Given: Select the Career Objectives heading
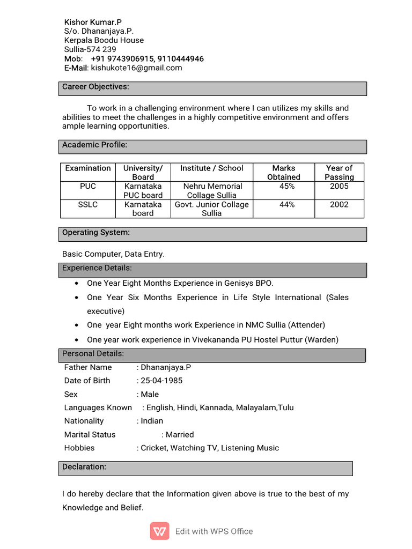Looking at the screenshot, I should [x=95, y=87].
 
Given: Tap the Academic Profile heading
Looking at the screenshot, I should [x=94, y=145].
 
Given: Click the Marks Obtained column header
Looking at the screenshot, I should [x=284, y=172].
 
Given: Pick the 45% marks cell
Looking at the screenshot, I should [x=287, y=186].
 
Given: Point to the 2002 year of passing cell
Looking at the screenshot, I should [x=339, y=204].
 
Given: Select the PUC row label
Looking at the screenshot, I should [x=88, y=186].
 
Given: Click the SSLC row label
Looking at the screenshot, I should [x=88, y=204].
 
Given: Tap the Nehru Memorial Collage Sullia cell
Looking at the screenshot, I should [x=212, y=190].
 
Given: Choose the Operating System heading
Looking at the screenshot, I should [x=96, y=233].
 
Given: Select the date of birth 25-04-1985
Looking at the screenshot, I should [x=161, y=381].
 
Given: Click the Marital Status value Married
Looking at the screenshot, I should [x=180, y=435].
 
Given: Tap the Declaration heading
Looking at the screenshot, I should [x=84, y=467].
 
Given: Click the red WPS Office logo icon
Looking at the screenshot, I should [x=159, y=531].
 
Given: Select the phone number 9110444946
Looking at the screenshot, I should [x=181, y=58].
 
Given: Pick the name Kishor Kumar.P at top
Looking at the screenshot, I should [x=93, y=22].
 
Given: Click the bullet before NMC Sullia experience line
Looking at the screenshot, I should [x=78, y=325].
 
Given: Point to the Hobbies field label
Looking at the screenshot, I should [x=79, y=448].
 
